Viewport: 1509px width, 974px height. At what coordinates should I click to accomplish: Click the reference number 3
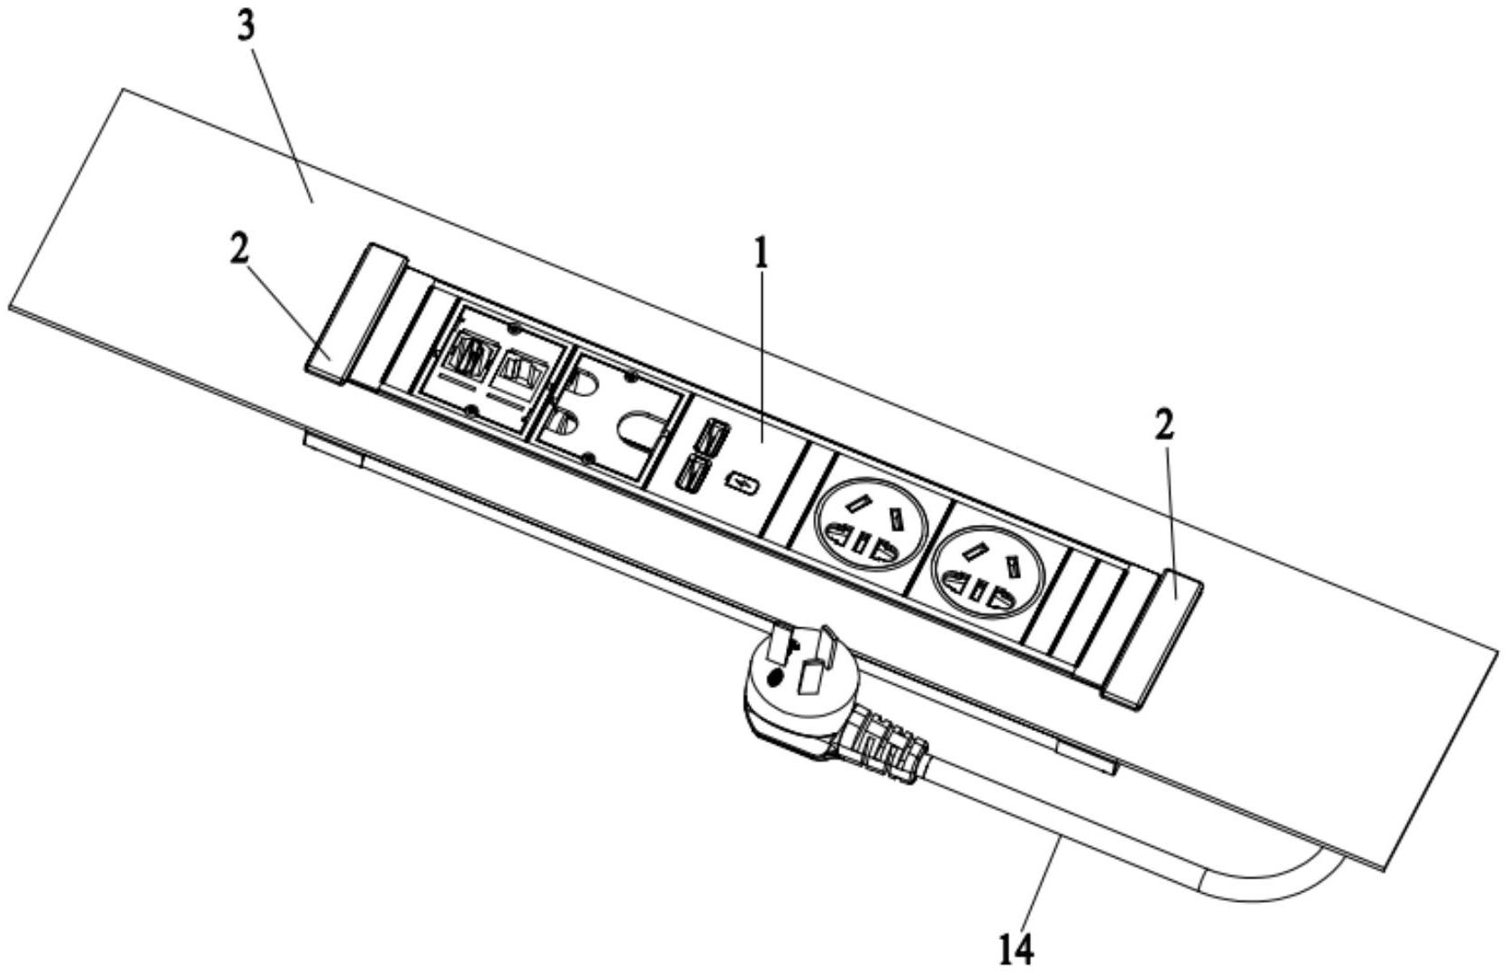point(246,27)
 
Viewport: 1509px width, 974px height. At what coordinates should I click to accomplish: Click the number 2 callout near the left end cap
point(238,252)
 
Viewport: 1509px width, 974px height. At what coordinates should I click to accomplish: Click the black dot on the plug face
point(773,678)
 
